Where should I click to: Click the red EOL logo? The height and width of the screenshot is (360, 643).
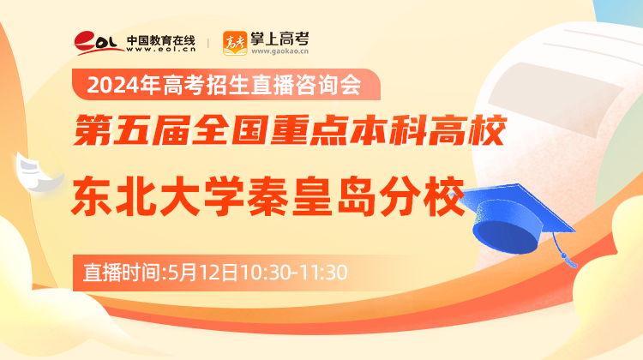click(x=99, y=43)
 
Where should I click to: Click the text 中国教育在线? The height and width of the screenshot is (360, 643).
click(x=161, y=40)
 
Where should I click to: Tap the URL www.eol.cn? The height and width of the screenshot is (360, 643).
click(x=161, y=49)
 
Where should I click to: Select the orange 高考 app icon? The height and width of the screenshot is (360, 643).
click(x=235, y=43)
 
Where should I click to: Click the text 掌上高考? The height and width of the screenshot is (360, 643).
click(x=279, y=39)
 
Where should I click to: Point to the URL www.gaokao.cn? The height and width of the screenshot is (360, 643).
click(x=279, y=51)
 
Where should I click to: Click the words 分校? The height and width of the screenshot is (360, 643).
click(x=422, y=196)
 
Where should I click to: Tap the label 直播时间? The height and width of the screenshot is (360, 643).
click(x=122, y=273)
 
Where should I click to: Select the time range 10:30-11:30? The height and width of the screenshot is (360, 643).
click(x=294, y=273)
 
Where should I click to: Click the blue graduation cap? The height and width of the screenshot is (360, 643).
click(x=514, y=219)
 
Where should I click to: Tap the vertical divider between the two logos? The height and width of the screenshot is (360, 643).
click(x=208, y=43)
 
